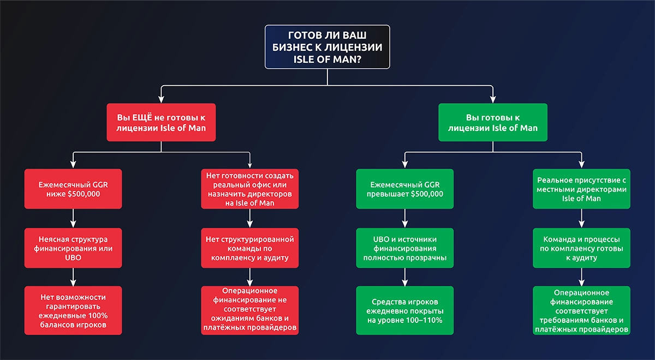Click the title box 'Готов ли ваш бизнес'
coord(327,47)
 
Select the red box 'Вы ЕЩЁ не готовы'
coord(161,122)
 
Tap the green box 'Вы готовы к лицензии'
coord(492,122)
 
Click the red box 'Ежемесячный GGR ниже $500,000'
coord(73,189)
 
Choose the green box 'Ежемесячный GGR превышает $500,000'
coord(404,189)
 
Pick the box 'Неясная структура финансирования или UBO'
coord(73,248)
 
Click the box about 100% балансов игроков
coord(73,310)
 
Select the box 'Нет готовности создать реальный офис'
coord(249,189)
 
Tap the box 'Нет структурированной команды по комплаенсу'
coord(249,248)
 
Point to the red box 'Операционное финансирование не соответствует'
coord(249,310)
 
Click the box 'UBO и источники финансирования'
coord(404,248)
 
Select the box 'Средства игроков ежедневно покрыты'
coord(404,310)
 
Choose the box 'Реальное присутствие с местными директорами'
coord(581,189)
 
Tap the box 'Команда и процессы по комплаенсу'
coord(581,248)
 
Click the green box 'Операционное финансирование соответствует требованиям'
coord(581,310)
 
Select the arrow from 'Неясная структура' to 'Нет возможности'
coord(73,277)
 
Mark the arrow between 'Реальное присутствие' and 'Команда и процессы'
coord(581,218)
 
